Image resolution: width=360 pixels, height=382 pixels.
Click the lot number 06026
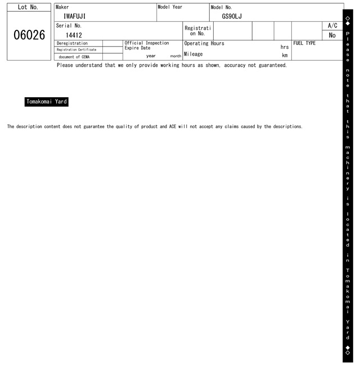coord(29,35)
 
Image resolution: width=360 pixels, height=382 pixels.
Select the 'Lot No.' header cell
coord(29,7)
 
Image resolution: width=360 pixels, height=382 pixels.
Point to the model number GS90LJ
coord(232,16)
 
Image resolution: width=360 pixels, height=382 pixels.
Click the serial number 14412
coord(74,35)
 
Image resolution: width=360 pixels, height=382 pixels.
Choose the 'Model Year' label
coord(170,7)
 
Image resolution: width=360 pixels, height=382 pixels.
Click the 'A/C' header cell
coord(332,26)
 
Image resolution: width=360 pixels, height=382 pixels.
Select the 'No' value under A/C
coord(332,35)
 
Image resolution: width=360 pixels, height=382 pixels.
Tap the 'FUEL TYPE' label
coord(304,43)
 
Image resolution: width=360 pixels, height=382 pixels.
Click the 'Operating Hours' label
coord(204,43)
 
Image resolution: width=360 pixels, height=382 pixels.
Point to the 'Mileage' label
coord(193,54)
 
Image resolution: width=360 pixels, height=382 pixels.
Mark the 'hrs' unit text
coord(285,47)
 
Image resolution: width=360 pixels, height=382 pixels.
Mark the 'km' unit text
coord(285,56)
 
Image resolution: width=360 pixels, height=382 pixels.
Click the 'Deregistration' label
coord(73,43)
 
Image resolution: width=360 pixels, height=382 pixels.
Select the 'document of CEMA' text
coord(74,57)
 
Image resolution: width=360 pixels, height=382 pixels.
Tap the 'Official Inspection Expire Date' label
coord(146,46)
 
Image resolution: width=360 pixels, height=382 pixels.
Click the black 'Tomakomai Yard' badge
coord(47,102)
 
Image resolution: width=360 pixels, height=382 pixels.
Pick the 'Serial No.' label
coord(69,26)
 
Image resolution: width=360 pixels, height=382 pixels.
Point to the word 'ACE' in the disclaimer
coord(173,126)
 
